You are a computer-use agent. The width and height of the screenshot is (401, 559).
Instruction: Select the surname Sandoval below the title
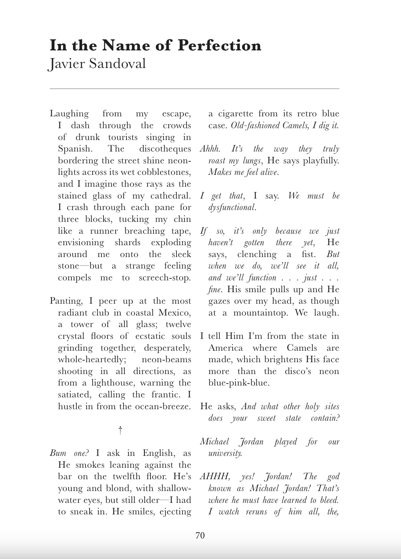click(117, 64)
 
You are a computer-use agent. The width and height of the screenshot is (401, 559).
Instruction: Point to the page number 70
click(200, 535)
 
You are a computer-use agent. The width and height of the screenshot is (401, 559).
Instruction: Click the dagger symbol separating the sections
click(120, 430)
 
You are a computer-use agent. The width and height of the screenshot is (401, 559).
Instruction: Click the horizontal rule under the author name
click(194, 89)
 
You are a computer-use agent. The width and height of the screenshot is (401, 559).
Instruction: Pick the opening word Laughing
click(69, 114)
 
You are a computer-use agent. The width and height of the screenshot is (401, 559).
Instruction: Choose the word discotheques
click(165, 149)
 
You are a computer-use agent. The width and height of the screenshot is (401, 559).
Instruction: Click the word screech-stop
click(165, 278)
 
